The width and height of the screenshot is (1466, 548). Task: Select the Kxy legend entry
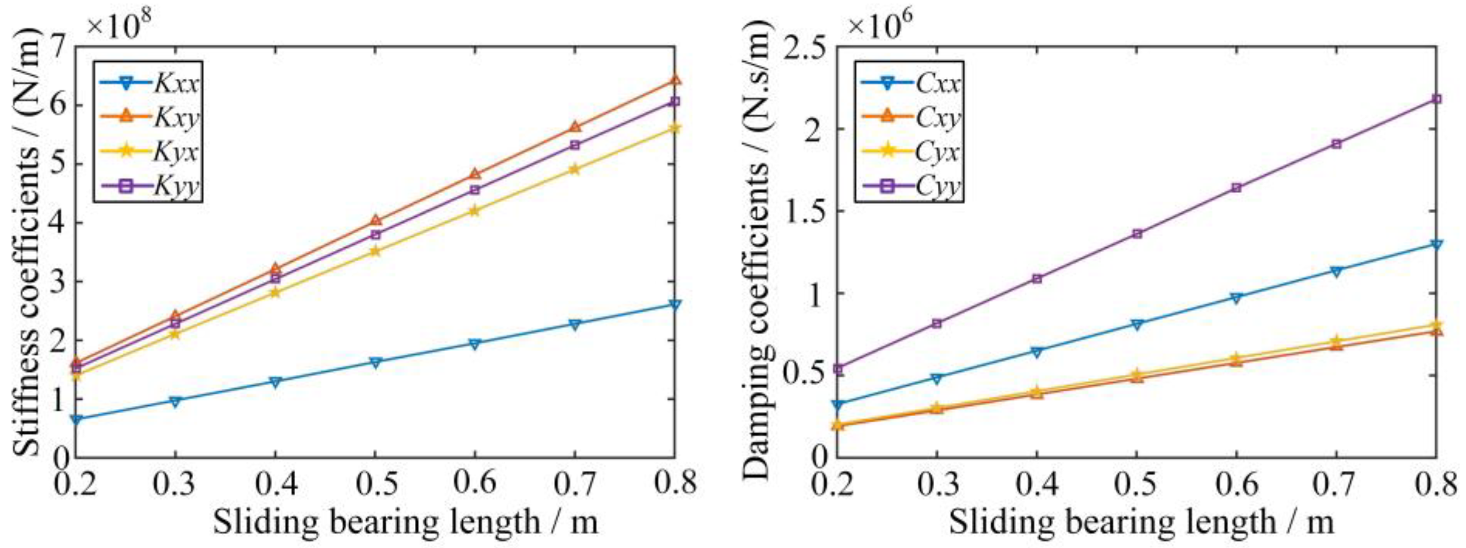pyautogui.click(x=149, y=118)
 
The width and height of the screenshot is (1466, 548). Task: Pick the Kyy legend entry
pyautogui.click(x=149, y=186)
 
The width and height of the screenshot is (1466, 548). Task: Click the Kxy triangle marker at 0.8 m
pyautogui.click(x=675, y=80)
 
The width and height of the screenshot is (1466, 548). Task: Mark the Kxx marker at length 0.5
pyautogui.click(x=375, y=363)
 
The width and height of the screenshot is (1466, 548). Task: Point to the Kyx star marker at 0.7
pyautogui.click(x=575, y=169)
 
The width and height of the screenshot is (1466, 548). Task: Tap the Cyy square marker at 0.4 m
pyautogui.click(x=1037, y=279)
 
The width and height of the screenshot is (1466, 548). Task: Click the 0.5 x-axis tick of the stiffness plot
pyautogui.click(x=375, y=484)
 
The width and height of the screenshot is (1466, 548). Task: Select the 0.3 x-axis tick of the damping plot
pyautogui.click(x=937, y=484)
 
